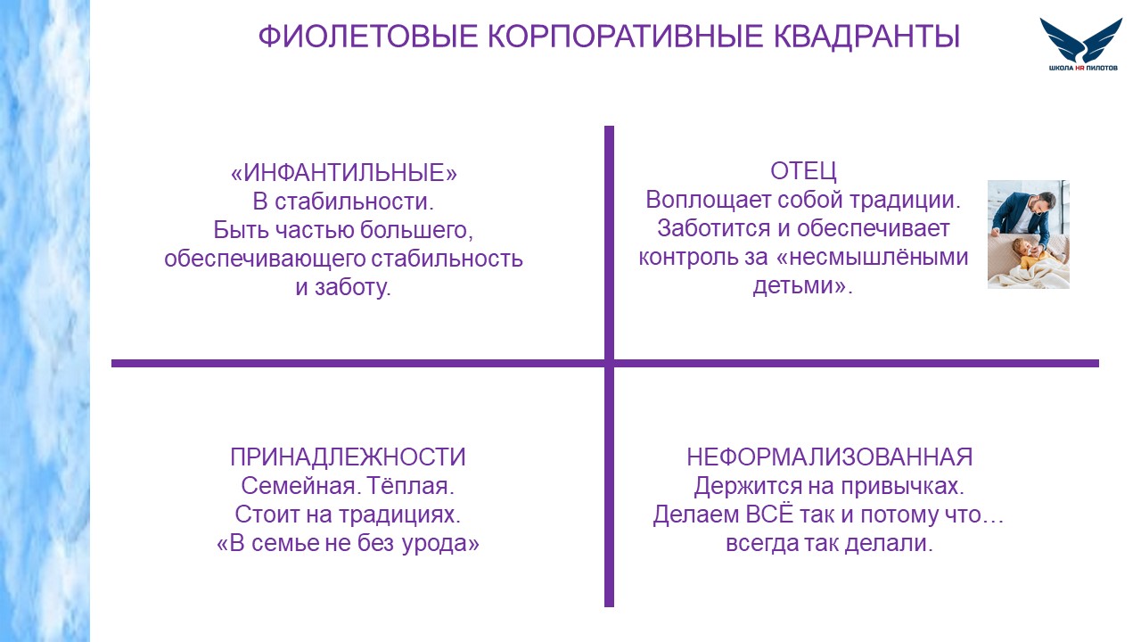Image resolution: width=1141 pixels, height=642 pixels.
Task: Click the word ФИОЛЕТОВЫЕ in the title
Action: point(368,37)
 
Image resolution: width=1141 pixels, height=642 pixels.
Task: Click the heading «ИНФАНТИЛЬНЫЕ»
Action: point(344,173)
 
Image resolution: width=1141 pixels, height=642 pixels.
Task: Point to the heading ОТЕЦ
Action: point(803,171)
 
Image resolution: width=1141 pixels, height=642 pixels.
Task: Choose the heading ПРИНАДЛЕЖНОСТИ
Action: point(348,457)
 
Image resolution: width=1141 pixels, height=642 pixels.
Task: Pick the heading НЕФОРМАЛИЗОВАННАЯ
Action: point(829,457)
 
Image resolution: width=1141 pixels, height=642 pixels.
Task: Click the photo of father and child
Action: point(1029,235)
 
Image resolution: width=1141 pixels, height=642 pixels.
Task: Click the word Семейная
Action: point(300,486)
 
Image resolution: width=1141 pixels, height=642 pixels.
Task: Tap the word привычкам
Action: point(902,487)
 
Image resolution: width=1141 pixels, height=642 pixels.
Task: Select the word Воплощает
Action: point(708,201)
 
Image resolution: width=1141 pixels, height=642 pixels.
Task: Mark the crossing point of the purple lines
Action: point(609,363)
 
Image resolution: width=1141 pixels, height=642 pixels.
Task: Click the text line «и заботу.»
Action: point(343,288)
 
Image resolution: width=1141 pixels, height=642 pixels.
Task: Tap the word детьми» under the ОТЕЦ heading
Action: point(803,286)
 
